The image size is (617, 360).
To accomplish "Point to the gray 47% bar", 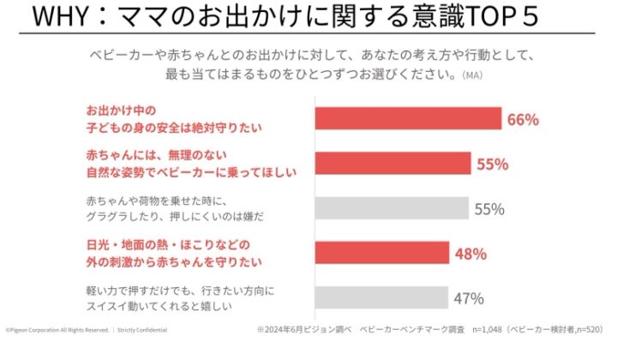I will [x=382, y=297].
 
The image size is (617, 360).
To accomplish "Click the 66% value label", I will [x=523, y=119].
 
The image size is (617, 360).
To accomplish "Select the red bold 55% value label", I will [x=493, y=164].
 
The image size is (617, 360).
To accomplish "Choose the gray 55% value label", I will [x=490, y=208].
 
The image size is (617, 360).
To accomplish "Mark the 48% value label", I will [x=470, y=254].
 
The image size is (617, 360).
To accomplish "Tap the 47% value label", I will [x=469, y=298].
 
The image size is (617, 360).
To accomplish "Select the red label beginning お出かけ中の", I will [x=172, y=120].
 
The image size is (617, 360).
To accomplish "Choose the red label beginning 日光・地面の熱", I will [x=172, y=253].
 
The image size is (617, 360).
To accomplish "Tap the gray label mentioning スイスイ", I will [x=179, y=297].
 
